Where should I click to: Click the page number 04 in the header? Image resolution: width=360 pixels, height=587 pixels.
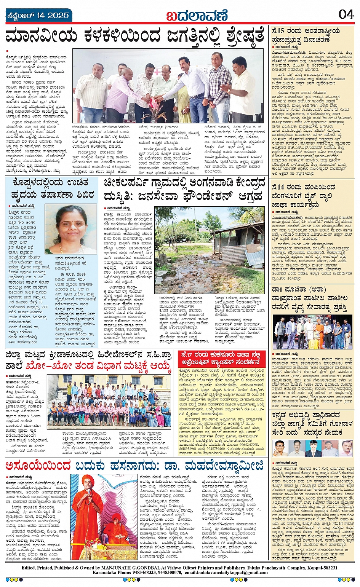pos(346,14)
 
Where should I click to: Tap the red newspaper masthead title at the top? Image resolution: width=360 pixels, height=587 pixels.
pos(197,16)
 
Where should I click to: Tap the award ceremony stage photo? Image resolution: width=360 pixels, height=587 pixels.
pos(313,332)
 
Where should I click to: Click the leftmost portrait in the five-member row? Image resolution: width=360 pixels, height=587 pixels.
pos(280,448)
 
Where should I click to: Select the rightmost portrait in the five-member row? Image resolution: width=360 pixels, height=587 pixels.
pos(346,448)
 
